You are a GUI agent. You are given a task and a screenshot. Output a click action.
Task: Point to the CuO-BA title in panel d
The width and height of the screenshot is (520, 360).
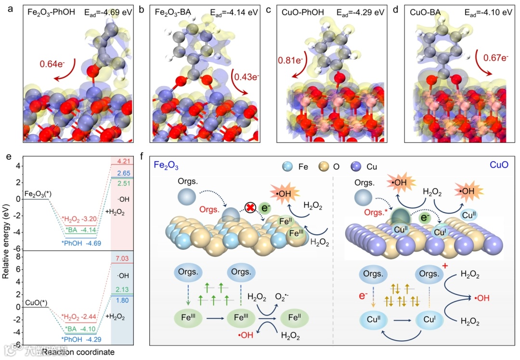[426, 12]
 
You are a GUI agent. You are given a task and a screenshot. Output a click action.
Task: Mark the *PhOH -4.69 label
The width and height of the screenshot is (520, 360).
[80, 243]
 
